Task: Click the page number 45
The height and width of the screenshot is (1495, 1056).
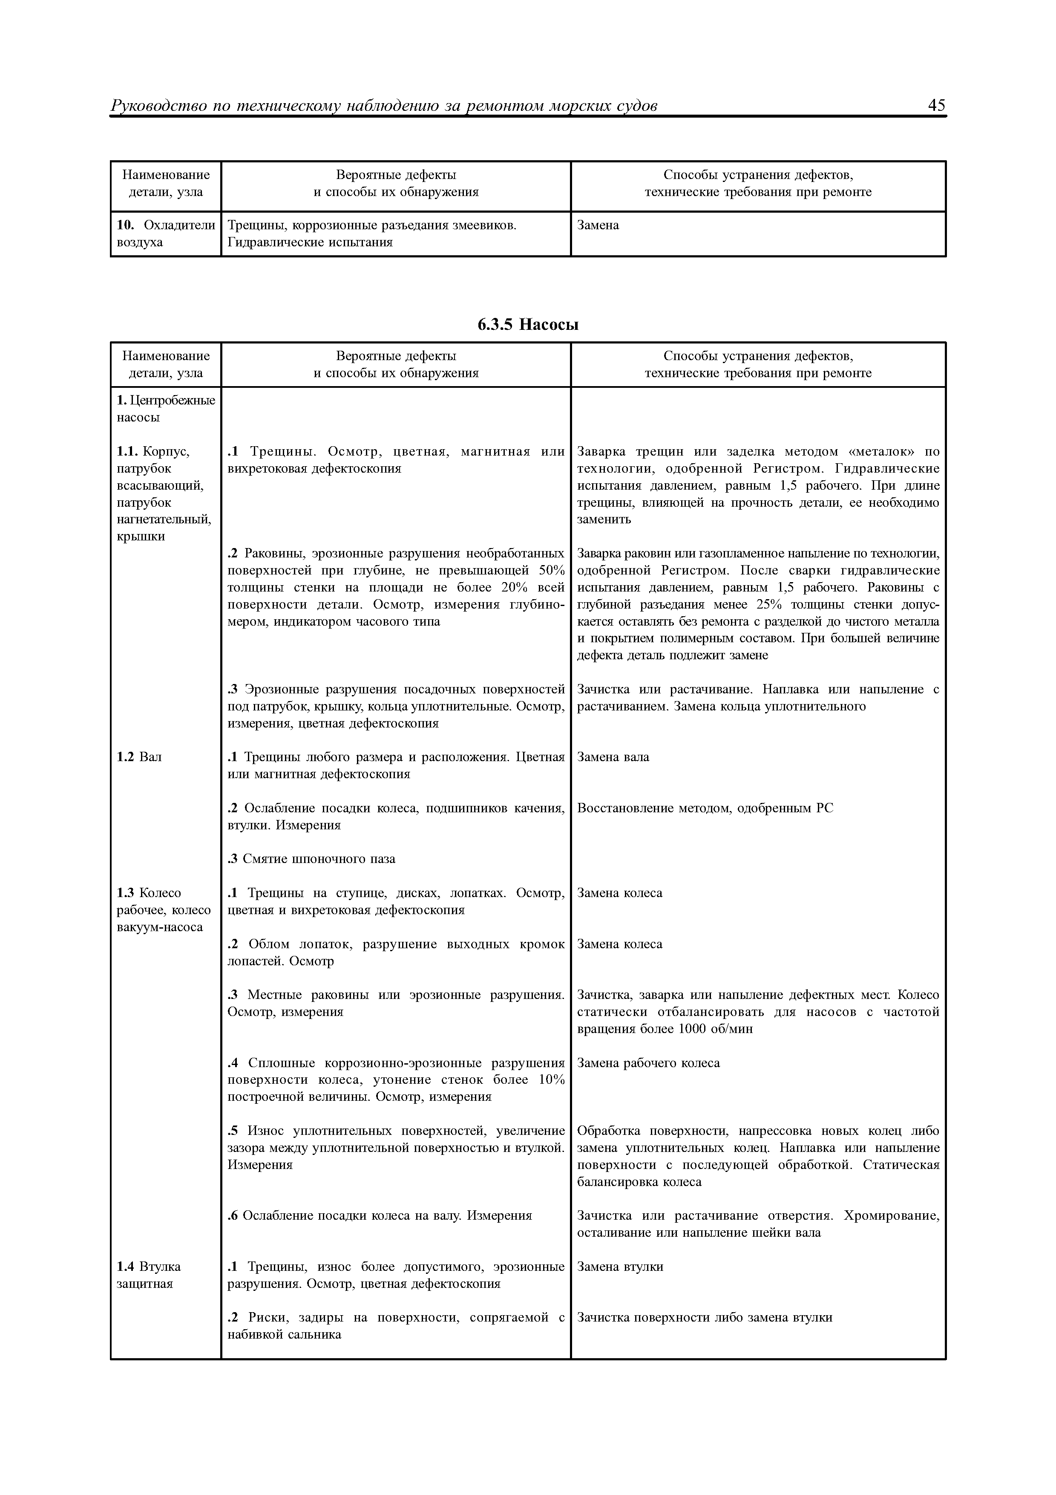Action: coord(936,106)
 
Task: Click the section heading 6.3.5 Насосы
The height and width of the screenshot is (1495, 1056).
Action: coord(528,324)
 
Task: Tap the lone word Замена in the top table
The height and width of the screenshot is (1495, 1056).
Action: coord(598,225)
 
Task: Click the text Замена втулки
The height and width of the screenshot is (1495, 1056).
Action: coord(620,1267)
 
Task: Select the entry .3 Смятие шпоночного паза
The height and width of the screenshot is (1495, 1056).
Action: coord(312,859)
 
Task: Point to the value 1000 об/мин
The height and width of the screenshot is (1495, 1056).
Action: coord(714,1030)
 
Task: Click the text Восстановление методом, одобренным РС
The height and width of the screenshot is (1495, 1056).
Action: coord(705,808)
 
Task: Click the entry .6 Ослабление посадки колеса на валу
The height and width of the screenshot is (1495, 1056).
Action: coord(379,1216)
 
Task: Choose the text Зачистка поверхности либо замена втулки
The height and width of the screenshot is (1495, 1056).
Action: coord(705,1318)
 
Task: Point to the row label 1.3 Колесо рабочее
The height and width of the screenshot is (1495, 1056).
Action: coord(163,909)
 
